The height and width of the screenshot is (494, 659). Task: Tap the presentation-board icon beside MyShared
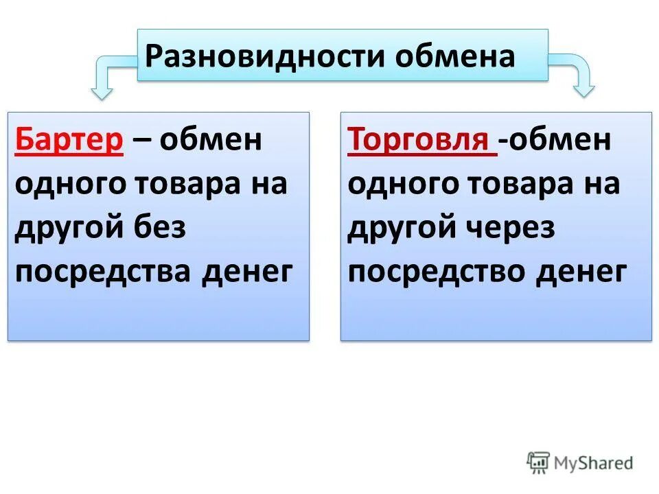(x=539, y=462)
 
